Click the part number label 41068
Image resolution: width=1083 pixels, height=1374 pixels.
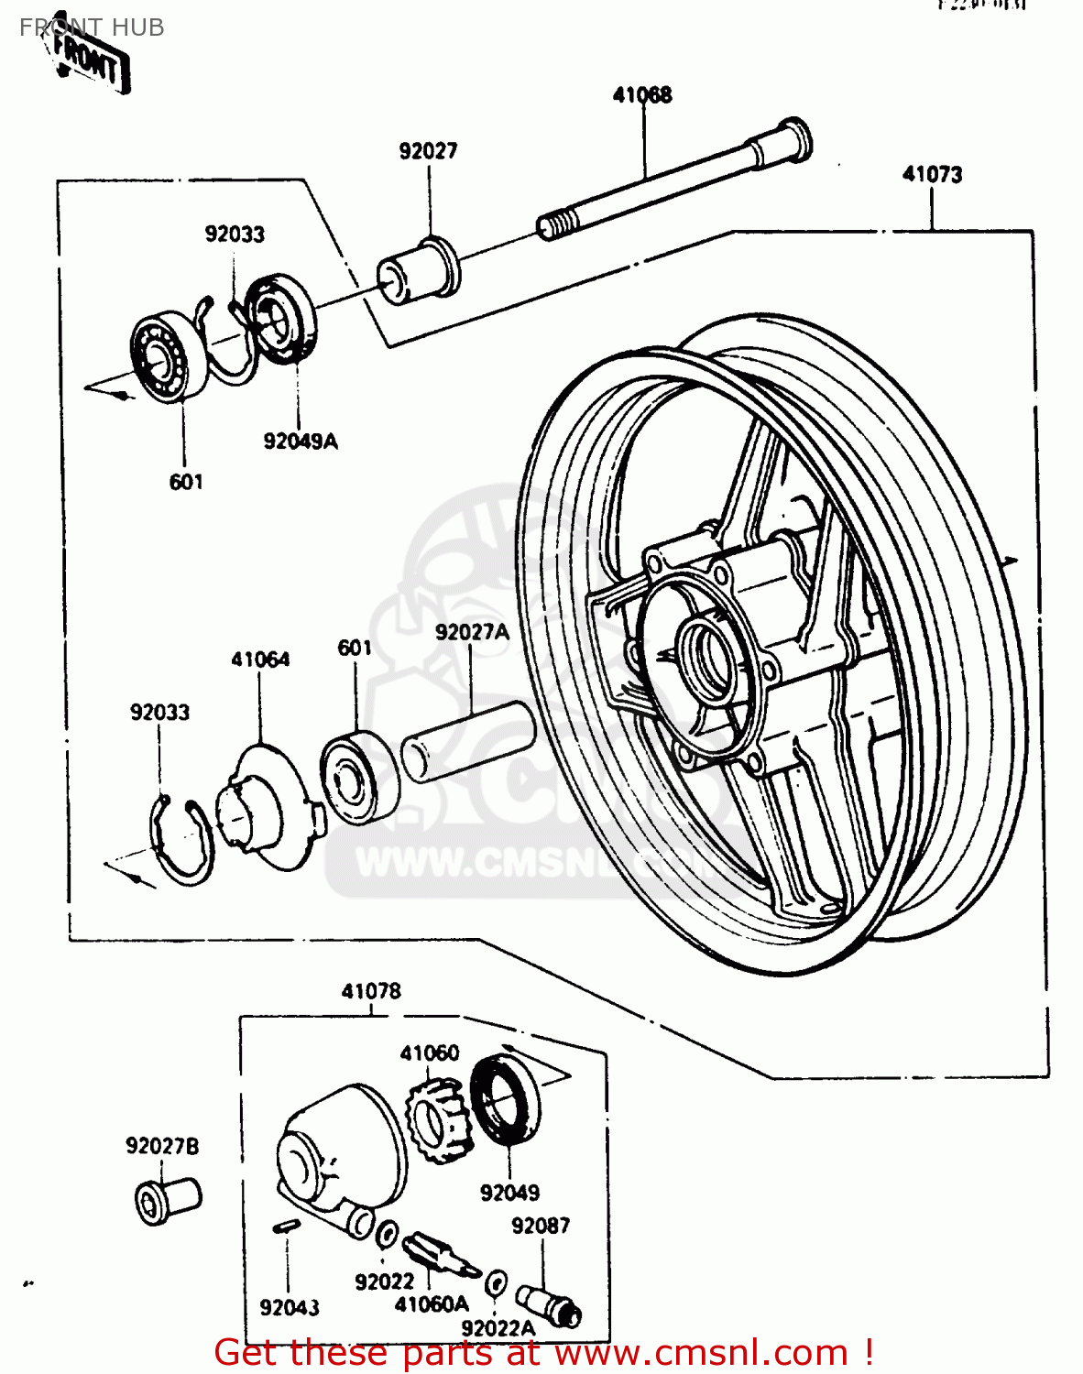point(642,95)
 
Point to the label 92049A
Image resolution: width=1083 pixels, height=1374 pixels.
point(301,442)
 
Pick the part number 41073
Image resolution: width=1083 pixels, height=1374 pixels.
point(932,174)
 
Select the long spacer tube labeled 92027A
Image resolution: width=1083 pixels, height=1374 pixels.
point(468,741)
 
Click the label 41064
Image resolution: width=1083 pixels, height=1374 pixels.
point(260,660)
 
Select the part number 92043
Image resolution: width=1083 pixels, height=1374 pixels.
point(290,1308)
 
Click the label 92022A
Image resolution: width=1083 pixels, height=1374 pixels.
point(498,1328)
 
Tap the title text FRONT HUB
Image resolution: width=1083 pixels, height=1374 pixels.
point(92,27)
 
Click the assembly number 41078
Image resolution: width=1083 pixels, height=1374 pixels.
point(371,991)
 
